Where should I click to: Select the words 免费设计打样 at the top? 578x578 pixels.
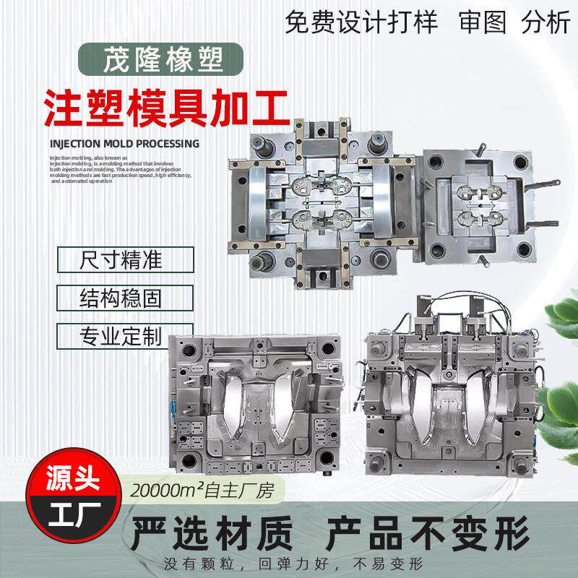tap(361, 23)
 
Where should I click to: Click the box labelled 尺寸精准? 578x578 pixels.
tap(125, 259)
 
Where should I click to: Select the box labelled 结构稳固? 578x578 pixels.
tap(125, 298)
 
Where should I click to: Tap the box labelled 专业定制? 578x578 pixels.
tap(125, 336)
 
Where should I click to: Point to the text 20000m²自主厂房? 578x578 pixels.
tap(208, 489)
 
